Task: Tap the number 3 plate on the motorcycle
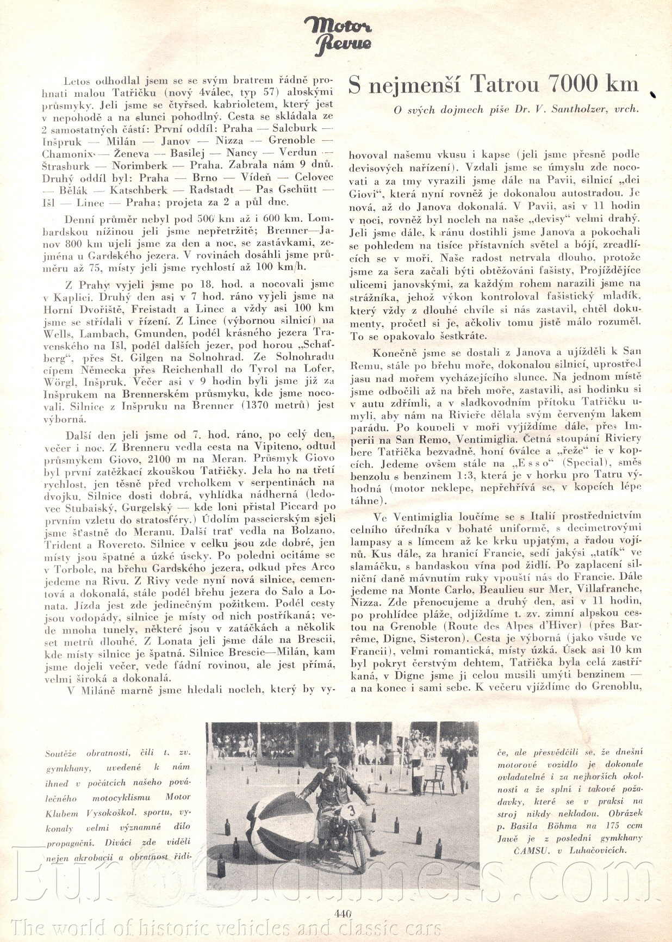point(351,810)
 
